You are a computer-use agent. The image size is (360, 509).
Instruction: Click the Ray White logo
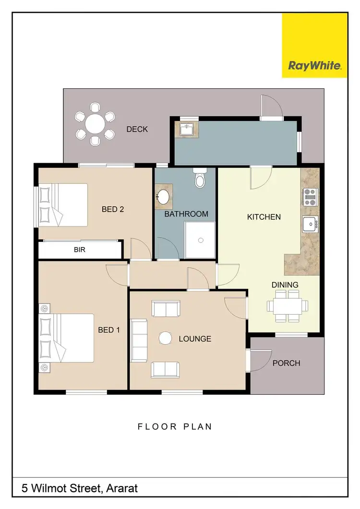click(314, 66)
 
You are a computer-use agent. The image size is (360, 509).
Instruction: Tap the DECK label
click(137, 129)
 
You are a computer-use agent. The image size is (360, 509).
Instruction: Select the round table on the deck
click(96, 124)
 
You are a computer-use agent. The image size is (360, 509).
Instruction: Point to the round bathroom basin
click(164, 197)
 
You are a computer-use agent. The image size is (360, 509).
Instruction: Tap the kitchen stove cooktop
click(310, 197)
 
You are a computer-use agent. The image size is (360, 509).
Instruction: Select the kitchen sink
click(310, 224)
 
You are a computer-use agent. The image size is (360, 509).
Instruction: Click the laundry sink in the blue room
click(187, 129)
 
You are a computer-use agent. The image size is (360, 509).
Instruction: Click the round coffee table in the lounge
click(165, 338)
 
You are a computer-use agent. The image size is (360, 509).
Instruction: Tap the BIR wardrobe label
click(80, 250)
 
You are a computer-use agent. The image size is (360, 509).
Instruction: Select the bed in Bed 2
click(63, 205)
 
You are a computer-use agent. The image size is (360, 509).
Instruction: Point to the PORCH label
click(286, 363)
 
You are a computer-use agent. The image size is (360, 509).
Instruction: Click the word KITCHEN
click(264, 217)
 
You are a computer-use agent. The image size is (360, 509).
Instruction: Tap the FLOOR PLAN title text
click(175, 426)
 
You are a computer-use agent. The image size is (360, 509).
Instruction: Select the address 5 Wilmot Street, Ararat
click(80, 488)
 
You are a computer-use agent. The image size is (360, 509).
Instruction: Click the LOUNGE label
click(195, 339)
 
